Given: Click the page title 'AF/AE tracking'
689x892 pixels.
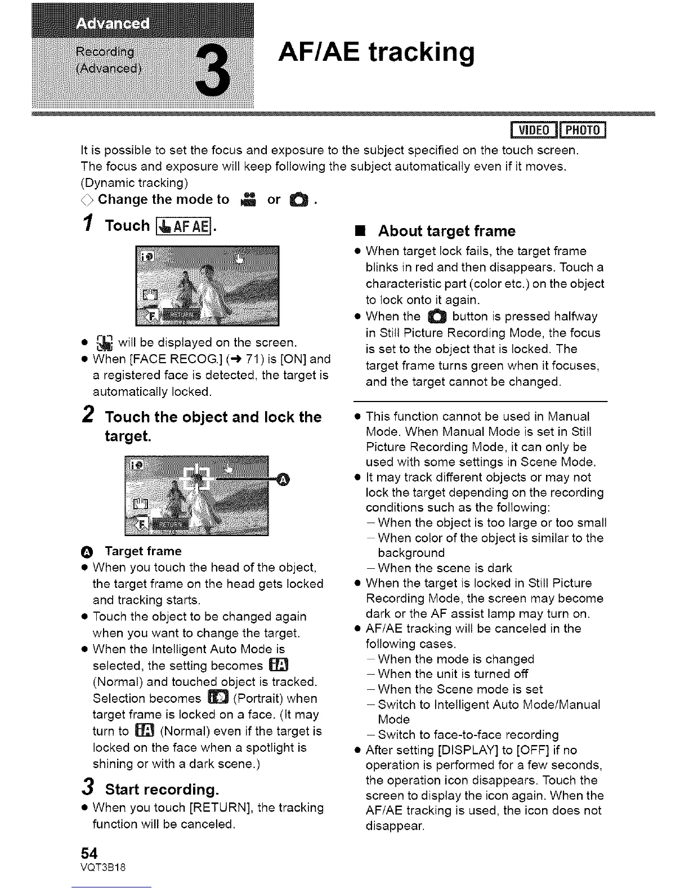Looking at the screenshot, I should (x=376, y=53).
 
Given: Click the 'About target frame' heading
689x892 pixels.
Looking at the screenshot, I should (x=446, y=231).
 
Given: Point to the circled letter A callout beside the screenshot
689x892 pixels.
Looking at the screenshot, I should (x=284, y=479).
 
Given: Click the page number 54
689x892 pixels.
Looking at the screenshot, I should (x=90, y=854).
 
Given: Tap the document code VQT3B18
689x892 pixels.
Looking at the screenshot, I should (x=103, y=867).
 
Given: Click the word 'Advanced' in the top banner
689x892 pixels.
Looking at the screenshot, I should (x=113, y=24).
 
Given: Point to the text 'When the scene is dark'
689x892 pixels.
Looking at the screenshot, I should (x=445, y=568).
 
